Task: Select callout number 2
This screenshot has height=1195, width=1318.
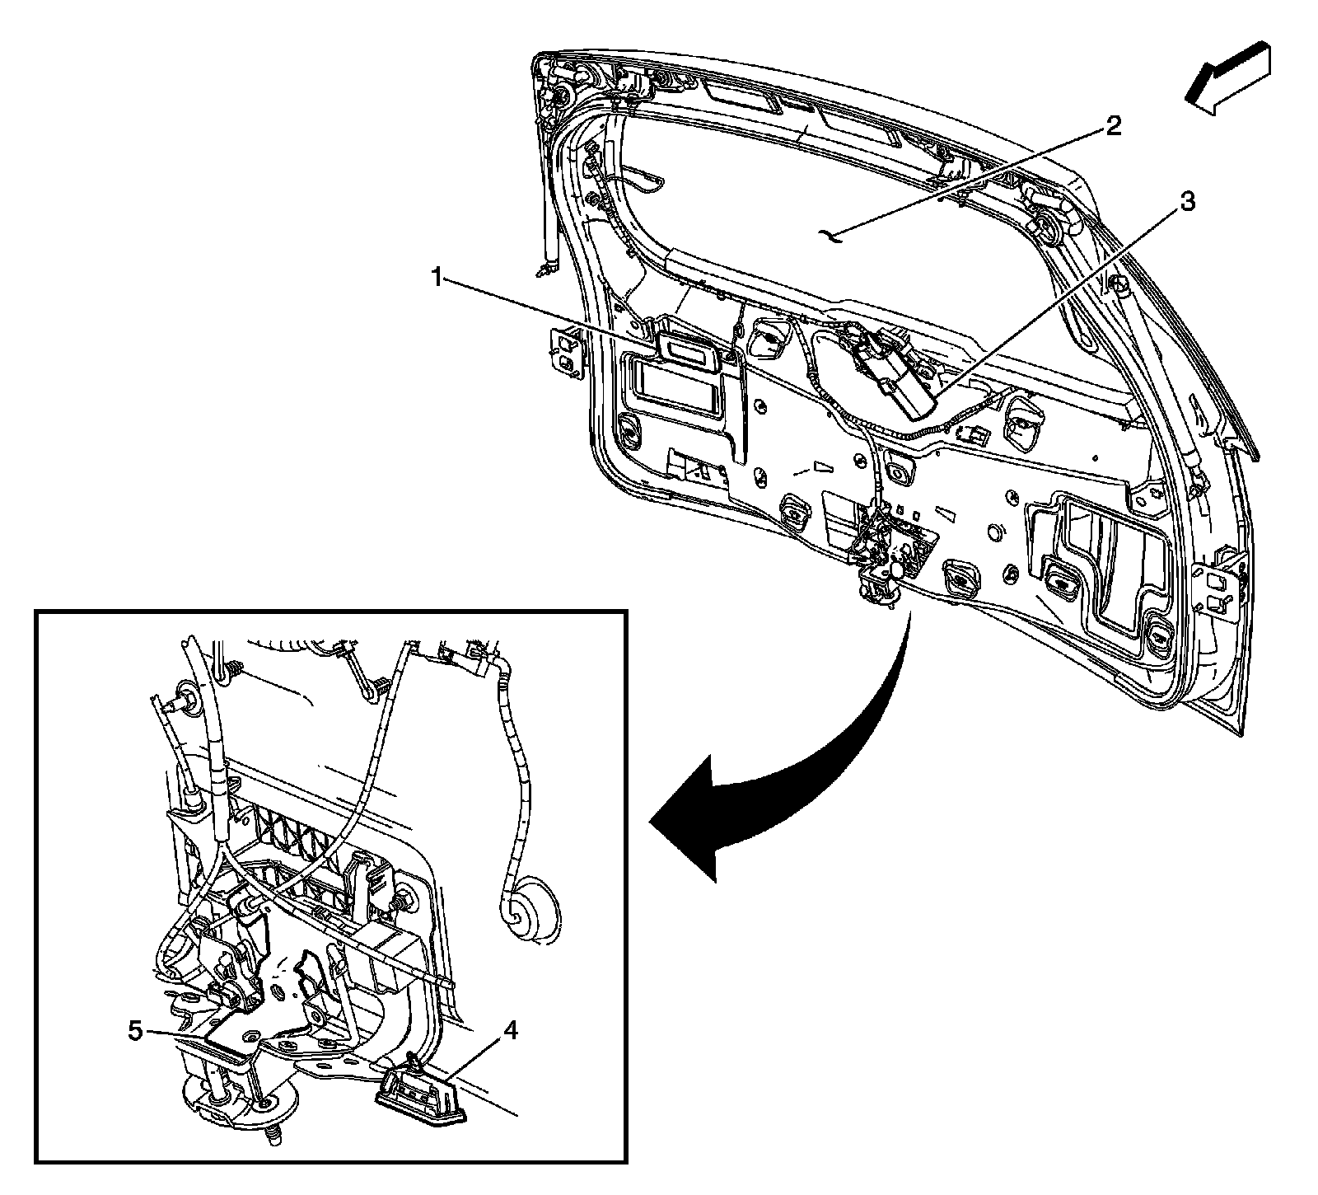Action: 1112,126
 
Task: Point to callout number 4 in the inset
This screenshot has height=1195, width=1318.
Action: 510,1030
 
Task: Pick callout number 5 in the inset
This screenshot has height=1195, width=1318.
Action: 137,1031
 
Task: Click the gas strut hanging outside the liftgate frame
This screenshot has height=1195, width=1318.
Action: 548,206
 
